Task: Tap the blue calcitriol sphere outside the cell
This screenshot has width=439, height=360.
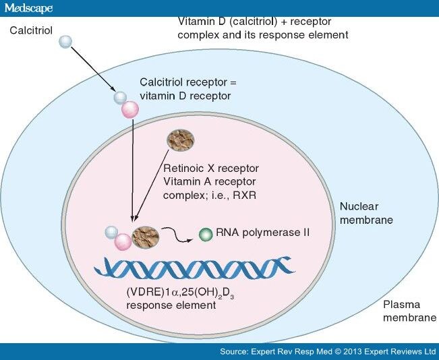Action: point(65,41)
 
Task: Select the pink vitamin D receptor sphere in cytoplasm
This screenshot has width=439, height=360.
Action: point(129,109)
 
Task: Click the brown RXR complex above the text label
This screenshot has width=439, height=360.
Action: point(181,140)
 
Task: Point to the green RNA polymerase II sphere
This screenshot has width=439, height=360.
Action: point(204,235)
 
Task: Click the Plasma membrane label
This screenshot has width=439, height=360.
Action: point(405,311)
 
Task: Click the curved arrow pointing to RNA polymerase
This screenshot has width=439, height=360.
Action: point(178,235)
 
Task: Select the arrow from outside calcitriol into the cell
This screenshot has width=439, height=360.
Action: point(92,69)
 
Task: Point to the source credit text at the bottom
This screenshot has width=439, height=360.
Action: point(328,352)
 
